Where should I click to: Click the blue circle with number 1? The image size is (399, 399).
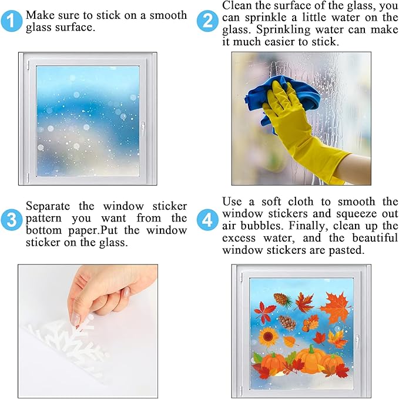click(11, 21)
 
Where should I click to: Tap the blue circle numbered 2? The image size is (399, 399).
click(207, 21)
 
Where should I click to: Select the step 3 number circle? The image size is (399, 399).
click(11, 220)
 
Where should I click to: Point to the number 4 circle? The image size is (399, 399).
click(207, 220)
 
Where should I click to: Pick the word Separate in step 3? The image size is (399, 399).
click(48, 206)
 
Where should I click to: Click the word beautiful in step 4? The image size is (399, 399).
click(374, 238)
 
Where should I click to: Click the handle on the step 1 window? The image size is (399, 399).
click(143, 129)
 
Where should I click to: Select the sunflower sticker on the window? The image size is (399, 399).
click(268, 337)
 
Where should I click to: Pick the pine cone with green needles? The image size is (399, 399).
click(283, 300)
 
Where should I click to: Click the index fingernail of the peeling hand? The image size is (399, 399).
click(76, 318)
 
